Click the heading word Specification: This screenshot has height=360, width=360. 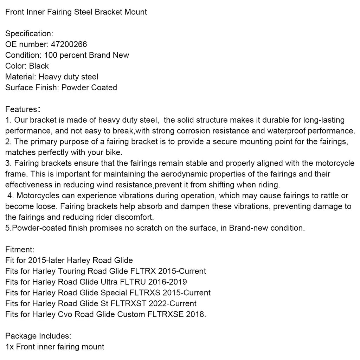(29, 34)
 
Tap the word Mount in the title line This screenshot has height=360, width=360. (136, 12)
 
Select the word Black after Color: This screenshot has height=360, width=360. (39, 66)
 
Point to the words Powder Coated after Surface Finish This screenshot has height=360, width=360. (89, 88)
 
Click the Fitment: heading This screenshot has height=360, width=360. (20, 250)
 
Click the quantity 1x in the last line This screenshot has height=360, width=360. (9, 347)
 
